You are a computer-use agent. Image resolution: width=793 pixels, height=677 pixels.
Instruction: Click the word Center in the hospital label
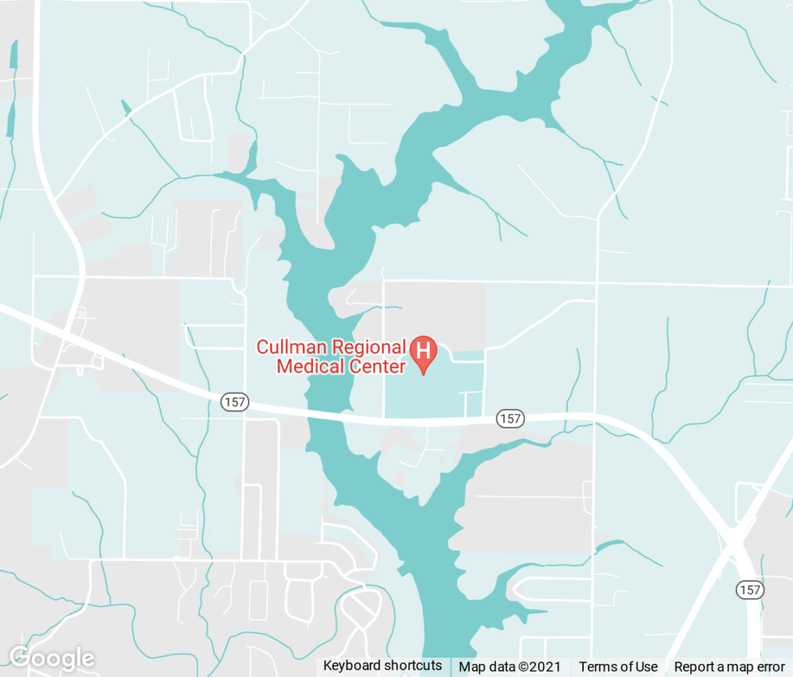pyautogui.click(x=375, y=366)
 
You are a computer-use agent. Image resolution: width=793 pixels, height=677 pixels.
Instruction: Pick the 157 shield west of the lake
pyautogui.click(x=234, y=401)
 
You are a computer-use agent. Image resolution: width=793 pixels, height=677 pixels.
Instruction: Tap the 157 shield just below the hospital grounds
pyautogui.click(x=510, y=418)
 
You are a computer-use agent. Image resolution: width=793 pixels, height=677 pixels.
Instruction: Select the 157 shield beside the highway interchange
pyautogui.click(x=750, y=589)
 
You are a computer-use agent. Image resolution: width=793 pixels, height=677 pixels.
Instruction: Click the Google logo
pyautogui.click(x=51, y=658)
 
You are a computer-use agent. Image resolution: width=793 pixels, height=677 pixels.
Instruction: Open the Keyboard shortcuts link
pyautogui.click(x=383, y=666)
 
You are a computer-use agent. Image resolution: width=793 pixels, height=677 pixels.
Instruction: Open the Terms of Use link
pyautogui.click(x=618, y=667)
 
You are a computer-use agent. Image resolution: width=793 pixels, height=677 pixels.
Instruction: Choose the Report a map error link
pyautogui.click(x=729, y=667)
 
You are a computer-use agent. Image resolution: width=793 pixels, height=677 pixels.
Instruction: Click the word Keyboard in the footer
pyautogui.click(x=352, y=666)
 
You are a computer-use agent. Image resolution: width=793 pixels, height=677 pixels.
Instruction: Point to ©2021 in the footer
pyautogui.click(x=540, y=667)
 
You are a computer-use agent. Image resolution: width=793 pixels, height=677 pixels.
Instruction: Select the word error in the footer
pyautogui.click(x=769, y=667)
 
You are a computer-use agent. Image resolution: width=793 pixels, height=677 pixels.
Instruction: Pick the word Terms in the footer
pyautogui.click(x=597, y=667)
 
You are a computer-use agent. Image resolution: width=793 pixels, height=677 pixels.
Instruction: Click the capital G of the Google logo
pyautogui.click(x=20, y=658)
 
